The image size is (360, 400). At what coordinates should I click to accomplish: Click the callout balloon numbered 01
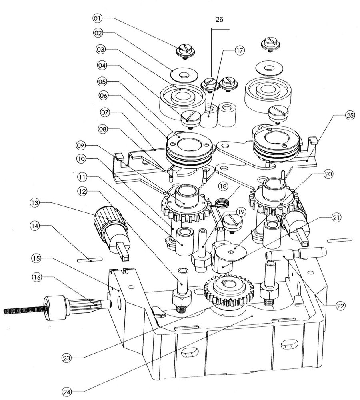[x=98, y=18]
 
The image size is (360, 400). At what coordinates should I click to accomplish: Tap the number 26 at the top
[x=220, y=19]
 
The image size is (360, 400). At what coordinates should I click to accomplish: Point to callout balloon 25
[x=350, y=115]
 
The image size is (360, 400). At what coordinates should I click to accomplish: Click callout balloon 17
[x=239, y=50]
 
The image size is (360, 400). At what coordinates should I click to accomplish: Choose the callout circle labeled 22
[x=341, y=306]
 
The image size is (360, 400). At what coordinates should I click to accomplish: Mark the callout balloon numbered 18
[x=223, y=186]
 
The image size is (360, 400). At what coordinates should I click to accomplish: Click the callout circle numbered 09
[x=81, y=146]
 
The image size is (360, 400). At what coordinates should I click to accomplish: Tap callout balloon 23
[x=66, y=358]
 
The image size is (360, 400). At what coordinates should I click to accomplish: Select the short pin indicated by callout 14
[x=90, y=260]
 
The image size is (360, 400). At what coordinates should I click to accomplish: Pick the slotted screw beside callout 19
[x=232, y=222]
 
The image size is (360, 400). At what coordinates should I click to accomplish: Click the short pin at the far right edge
[x=340, y=240]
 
